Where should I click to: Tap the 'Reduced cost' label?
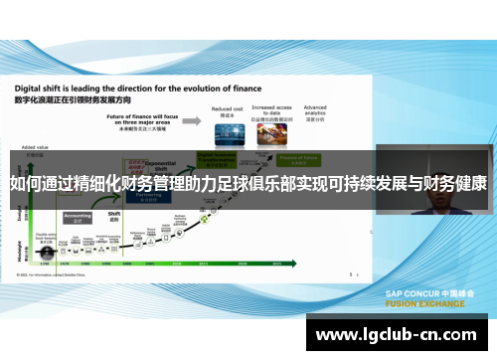228,108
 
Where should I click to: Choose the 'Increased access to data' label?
270,111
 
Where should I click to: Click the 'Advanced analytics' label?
315,108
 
